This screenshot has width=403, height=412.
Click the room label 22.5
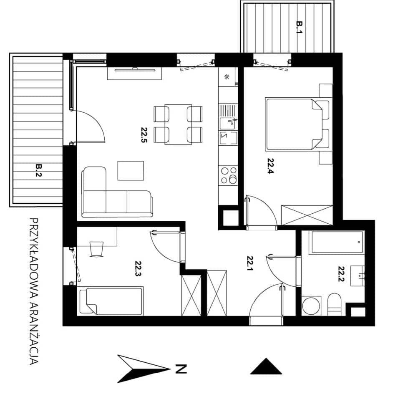tap(144, 135)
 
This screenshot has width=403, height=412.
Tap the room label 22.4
tap(271, 166)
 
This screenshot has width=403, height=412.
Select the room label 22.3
tap(139, 268)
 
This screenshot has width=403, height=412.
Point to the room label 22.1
tap(250, 263)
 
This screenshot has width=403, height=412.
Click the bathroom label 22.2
tap(341, 274)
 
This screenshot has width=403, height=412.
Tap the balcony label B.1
tap(300, 27)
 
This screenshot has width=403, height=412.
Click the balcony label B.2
tap(39, 170)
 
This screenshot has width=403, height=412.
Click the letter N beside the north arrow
tap(181, 369)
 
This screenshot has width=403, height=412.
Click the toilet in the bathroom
tap(335, 305)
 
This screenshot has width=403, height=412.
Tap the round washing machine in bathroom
tap(311, 306)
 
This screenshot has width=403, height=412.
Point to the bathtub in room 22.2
tap(337, 242)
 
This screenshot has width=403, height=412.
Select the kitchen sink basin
tap(227, 124)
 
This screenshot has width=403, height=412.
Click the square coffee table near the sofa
tap(131, 171)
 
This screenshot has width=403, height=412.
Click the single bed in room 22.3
tap(111, 301)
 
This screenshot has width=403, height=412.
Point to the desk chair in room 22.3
tap(97, 249)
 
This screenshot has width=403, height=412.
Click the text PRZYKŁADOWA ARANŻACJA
tap(34, 291)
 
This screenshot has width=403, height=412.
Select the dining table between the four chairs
tap(178, 124)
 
